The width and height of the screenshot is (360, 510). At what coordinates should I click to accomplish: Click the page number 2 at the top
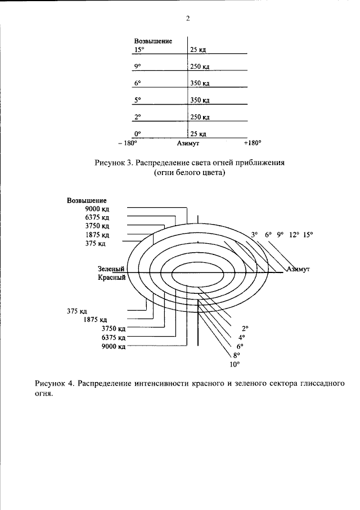(x=188, y=19)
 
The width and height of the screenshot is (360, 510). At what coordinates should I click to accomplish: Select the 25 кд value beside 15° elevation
(x=198, y=50)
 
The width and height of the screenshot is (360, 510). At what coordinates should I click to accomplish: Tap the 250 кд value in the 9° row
(x=200, y=66)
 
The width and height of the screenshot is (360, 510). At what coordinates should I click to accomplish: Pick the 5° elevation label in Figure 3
(x=138, y=100)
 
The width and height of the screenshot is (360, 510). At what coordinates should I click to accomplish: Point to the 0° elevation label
(x=138, y=133)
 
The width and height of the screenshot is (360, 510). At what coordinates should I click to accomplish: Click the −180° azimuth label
(x=128, y=143)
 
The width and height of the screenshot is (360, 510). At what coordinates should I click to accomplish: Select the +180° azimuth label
(x=253, y=143)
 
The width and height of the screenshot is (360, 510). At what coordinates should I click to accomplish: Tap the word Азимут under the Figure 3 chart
(x=188, y=143)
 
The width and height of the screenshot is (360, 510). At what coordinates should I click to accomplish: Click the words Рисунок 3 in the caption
(x=114, y=163)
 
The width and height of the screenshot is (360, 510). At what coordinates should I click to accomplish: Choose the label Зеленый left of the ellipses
(x=111, y=269)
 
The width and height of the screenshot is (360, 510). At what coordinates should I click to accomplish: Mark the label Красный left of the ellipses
(x=112, y=278)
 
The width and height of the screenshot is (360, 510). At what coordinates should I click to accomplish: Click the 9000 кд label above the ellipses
(x=97, y=209)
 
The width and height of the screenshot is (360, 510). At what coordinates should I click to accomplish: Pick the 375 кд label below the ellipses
(x=77, y=311)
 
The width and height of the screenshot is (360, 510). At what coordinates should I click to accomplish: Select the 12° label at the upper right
(x=294, y=235)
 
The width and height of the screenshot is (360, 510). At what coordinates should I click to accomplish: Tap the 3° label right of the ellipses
(x=254, y=235)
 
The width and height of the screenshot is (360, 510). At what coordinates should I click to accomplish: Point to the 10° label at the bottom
(x=235, y=364)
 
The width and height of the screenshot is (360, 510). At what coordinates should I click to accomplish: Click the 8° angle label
(x=237, y=355)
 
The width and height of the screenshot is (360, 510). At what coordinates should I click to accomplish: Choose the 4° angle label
(x=242, y=337)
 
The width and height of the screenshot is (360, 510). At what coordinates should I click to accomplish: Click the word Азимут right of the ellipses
(x=298, y=269)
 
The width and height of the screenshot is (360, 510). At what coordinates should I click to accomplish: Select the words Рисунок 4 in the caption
(x=55, y=383)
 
